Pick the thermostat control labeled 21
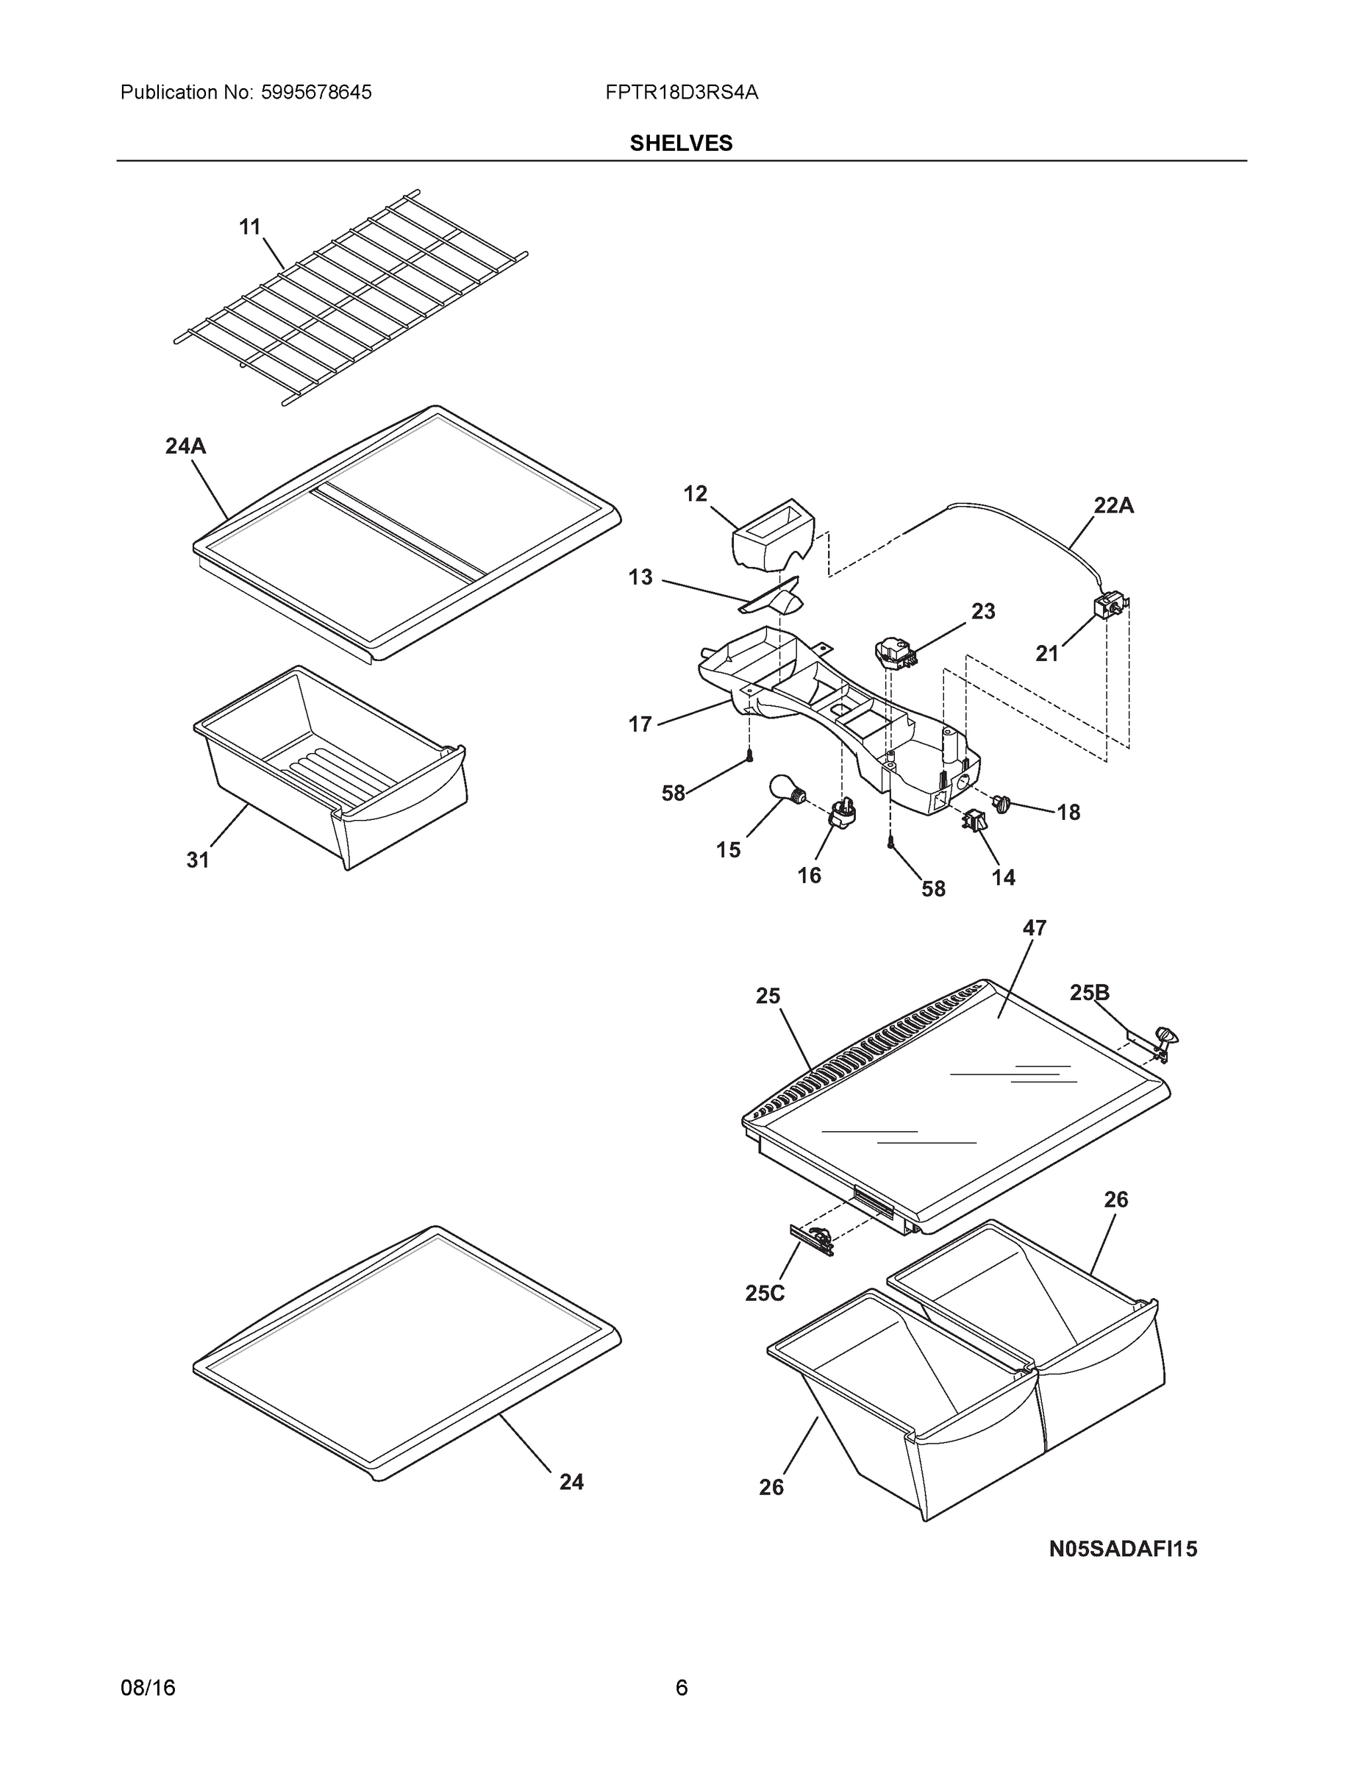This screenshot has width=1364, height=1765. [1109, 606]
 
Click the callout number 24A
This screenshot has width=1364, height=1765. [185, 446]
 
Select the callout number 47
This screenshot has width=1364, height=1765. [1035, 929]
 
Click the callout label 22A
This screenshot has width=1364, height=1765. [1113, 506]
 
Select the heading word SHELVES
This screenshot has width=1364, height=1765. [681, 143]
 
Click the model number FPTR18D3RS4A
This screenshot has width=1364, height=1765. [681, 93]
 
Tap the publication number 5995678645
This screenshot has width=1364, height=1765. [317, 93]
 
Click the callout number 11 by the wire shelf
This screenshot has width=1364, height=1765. [250, 227]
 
